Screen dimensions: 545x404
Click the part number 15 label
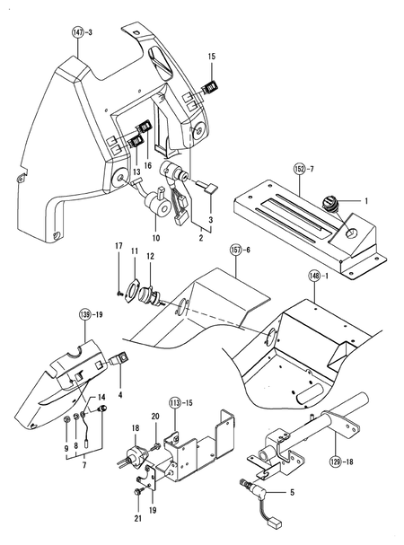pos(212,57)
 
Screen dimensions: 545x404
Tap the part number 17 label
pos(118,245)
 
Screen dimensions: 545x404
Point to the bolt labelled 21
pos(137,491)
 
